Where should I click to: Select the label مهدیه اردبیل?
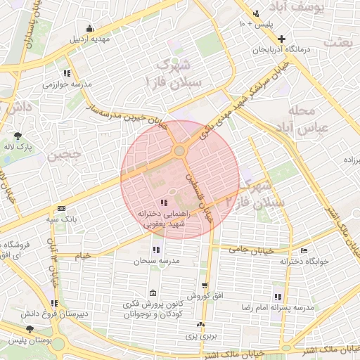[89, 39]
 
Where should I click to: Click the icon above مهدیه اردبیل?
[89, 29]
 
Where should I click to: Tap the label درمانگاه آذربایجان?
[283, 51]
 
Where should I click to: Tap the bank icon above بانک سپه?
[61, 209]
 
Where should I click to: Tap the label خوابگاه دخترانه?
[305, 261]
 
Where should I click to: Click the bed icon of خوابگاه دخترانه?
[304, 250]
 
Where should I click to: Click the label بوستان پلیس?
[28, 340]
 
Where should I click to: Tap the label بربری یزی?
[202, 336]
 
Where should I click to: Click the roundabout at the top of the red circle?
[180, 150]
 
